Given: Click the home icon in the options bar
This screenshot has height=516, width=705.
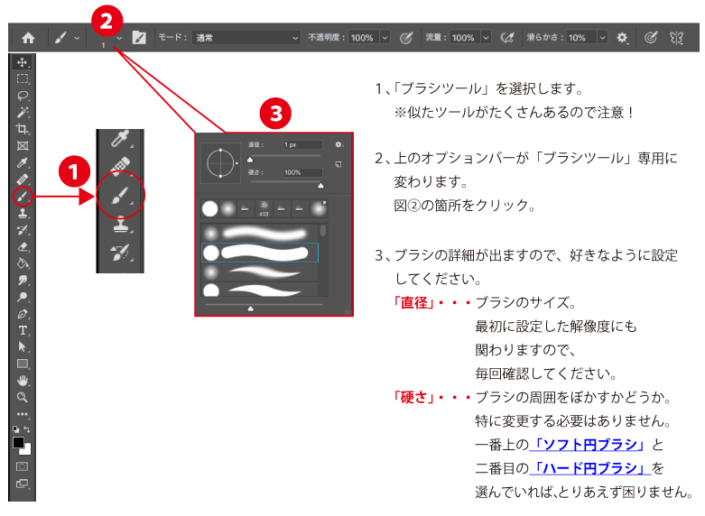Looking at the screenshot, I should tap(28, 38).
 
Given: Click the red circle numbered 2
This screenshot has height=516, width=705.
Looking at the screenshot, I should tap(107, 19).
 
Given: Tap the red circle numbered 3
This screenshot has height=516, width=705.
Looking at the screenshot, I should tap(276, 113).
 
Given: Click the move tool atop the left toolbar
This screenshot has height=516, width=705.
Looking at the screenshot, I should tap(23, 62).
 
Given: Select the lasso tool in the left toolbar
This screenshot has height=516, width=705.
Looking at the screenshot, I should tap(23, 96).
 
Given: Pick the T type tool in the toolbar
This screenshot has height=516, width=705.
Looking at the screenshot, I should tap(23, 330).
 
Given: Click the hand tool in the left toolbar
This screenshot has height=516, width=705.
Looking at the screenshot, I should tap(23, 380).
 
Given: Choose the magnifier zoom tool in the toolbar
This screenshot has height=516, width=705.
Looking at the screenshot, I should tap(23, 396).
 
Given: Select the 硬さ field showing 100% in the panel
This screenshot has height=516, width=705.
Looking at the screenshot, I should tap(301, 171).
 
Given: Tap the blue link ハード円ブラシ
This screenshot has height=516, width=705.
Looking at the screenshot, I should tap(592, 468).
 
